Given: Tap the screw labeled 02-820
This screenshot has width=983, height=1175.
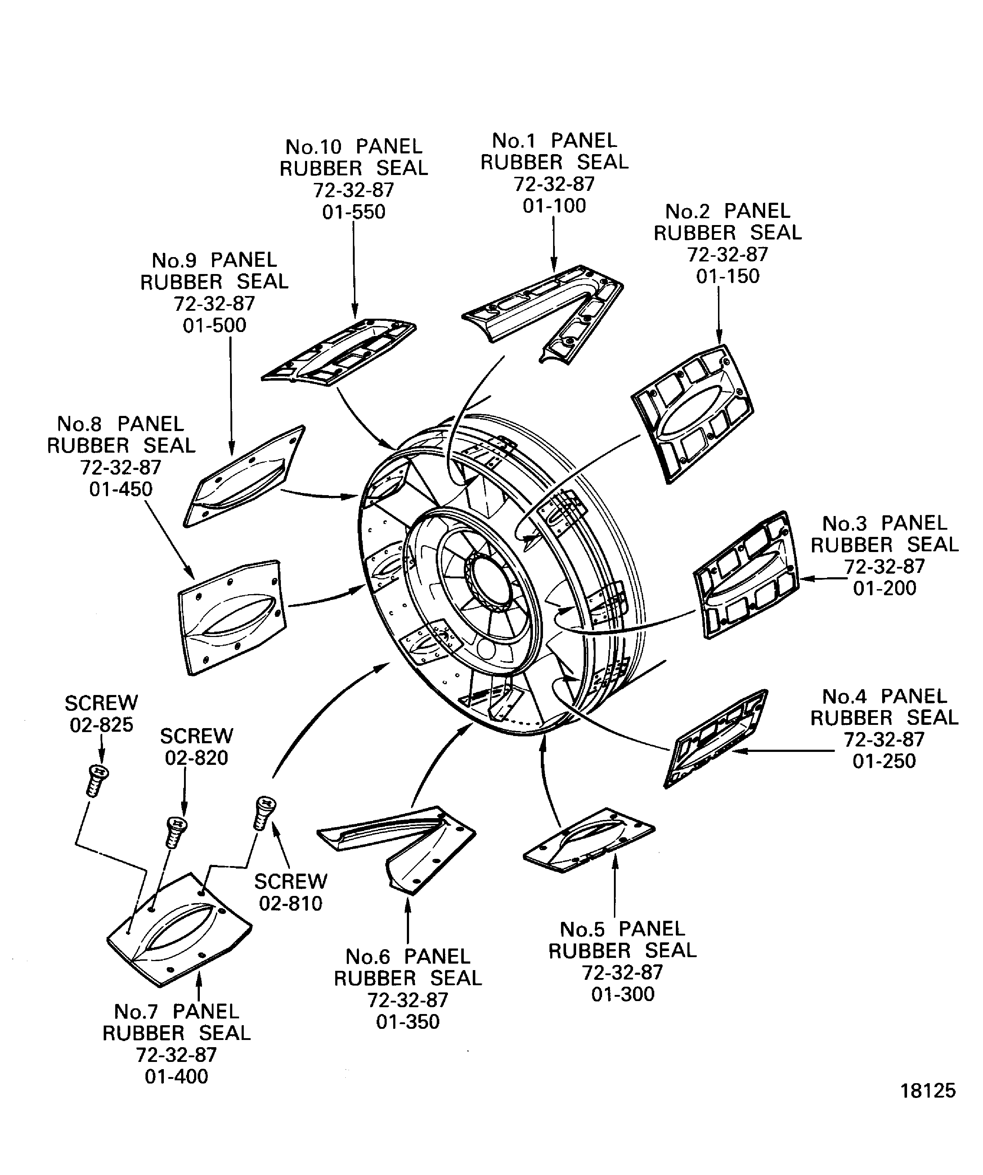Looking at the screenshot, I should [x=176, y=832].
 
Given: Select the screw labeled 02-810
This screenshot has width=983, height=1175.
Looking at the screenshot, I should [x=264, y=812].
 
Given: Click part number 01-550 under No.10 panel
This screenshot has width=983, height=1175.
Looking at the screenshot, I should [x=354, y=212].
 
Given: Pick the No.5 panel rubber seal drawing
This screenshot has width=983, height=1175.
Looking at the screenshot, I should [x=589, y=840].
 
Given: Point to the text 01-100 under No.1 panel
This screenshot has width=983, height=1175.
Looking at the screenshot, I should [x=554, y=206].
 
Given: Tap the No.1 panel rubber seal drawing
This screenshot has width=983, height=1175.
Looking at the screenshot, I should [x=543, y=310].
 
